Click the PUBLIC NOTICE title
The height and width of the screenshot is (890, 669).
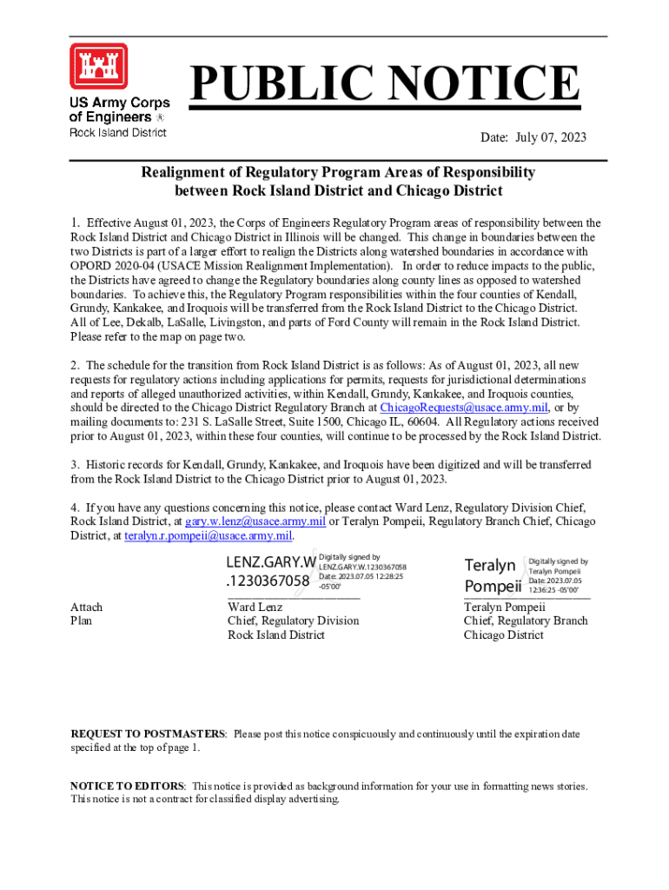click(385, 85)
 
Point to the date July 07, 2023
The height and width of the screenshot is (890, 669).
click(533, 137)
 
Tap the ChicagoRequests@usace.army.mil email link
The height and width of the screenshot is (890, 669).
click(464, 408)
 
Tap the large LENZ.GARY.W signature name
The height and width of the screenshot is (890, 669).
click(271, 570)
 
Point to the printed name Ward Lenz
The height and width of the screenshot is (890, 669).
click(255, 607)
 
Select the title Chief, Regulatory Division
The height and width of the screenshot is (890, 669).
click(293, 621)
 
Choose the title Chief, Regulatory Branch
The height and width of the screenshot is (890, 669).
click(526, 621)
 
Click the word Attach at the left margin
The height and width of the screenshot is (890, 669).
click(86, 607)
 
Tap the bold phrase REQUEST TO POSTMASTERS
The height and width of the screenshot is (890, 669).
click(148, 734)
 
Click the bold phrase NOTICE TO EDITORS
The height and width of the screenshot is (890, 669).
click(127, 786)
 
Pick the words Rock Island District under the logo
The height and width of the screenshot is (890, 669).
click(117, 132)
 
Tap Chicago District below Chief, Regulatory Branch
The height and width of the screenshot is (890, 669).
click(504, 634)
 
